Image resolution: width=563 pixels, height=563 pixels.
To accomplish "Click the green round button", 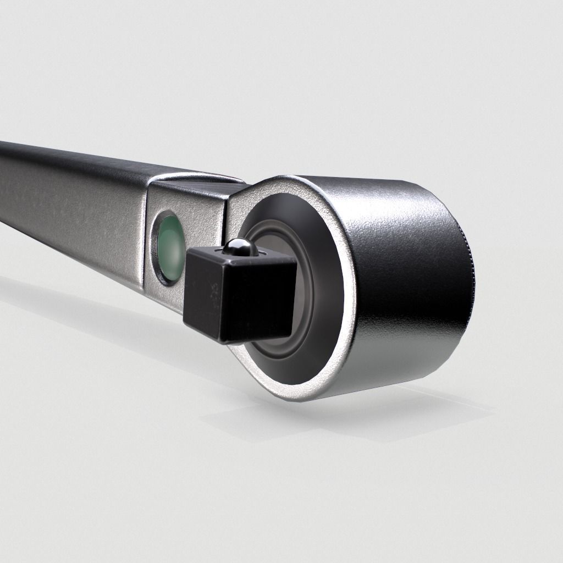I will coord(169,247).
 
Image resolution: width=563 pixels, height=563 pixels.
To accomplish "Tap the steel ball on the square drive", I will coord(238,247).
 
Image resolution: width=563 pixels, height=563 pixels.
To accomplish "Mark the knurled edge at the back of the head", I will coord(470,275).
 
